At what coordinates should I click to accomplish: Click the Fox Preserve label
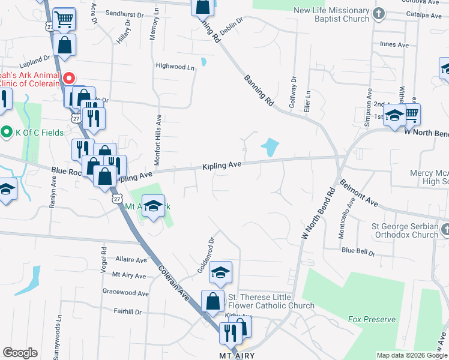point(372,319)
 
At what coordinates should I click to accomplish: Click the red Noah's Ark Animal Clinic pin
point(69,78)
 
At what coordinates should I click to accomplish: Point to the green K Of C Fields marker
point(7,131)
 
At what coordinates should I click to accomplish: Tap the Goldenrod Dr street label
point(206,255)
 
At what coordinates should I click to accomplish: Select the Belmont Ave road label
point(358,193)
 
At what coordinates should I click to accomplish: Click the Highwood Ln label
point(175,67)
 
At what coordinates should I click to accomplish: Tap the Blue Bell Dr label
point(358,250)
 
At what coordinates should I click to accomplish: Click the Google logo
point(20,353)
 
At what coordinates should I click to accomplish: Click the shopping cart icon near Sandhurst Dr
point(62,19)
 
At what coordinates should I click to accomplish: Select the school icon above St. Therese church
point(220,272)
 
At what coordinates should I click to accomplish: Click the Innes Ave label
point(394,44)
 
